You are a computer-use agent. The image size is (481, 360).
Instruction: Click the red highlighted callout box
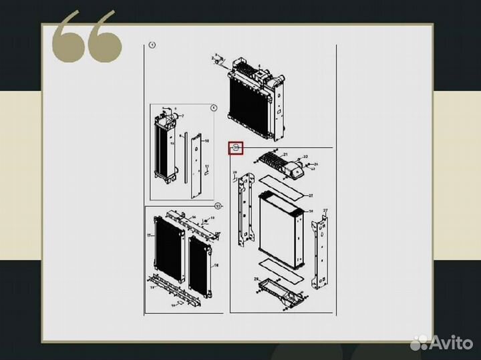[236, 148]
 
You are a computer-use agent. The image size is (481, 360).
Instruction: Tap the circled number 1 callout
[152, 45]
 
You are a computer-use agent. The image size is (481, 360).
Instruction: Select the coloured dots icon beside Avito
[419, 342]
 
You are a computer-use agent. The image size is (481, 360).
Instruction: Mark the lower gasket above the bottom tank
[283, 264]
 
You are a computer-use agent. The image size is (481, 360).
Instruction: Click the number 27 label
[325, 210]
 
